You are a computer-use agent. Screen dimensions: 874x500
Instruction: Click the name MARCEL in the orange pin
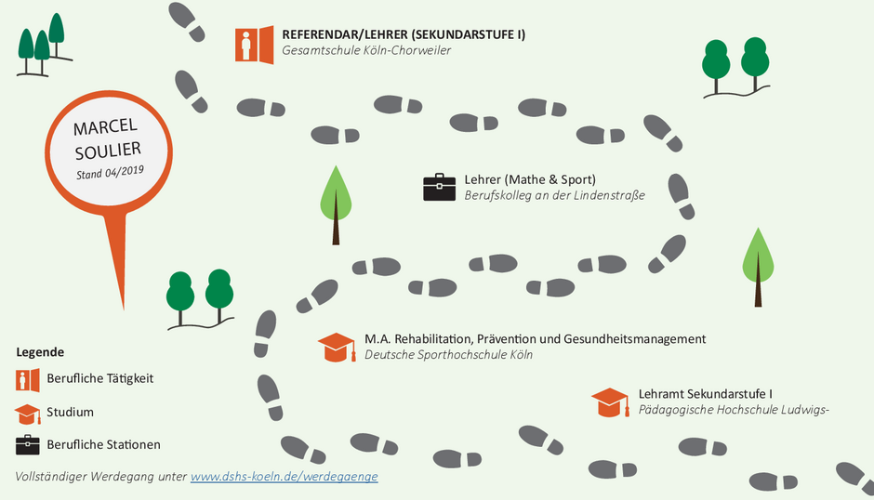point(105,126)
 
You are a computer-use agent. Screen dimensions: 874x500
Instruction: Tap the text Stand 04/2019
point(111,172)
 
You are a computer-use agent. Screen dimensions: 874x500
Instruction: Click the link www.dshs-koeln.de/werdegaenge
point(285,477)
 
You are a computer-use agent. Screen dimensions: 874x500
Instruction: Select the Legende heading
point(40,352)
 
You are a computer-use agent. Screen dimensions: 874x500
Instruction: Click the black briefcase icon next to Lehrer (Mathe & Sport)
point(439,188)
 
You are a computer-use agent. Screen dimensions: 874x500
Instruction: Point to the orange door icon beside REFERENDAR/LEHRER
point(254,45)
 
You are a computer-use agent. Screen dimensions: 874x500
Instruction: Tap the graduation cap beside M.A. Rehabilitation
point(337,348)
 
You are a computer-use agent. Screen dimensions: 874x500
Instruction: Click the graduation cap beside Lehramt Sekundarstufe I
point(610,402)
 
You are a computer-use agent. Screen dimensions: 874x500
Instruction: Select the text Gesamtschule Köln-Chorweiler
point(366,50)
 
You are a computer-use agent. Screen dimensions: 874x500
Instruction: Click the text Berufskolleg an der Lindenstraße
point(554,196)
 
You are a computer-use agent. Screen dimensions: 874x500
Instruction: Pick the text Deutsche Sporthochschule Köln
point(449,355)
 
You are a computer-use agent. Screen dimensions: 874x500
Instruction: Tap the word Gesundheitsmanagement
point(635,339)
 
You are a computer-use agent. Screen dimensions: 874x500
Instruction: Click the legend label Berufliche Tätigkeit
point(100,378)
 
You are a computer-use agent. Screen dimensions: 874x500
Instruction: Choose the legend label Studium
point(71,413)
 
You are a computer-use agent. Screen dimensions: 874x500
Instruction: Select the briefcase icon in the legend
point(28,445)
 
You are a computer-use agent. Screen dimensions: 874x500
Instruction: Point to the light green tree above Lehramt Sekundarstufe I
point(758,267)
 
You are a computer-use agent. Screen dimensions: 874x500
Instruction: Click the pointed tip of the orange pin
point(123,309)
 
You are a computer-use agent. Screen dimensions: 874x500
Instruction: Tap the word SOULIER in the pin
point(108,151)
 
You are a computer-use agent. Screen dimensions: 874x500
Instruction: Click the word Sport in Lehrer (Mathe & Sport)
point(576,180)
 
